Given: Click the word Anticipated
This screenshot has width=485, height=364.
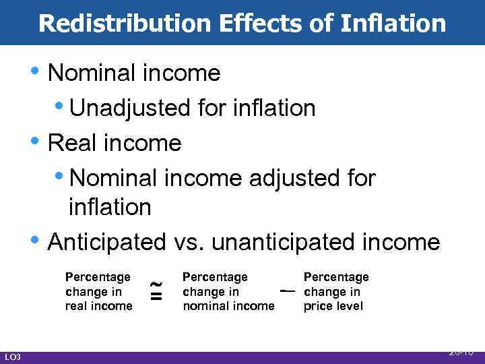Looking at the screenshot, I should (107, 241).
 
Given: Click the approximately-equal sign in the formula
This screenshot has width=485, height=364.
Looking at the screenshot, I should (155, 292).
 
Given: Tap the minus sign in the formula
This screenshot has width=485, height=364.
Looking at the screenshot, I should (288, 291).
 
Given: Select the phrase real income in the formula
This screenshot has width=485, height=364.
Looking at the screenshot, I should (98, 306).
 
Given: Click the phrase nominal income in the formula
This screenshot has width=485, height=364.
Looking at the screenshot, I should (228, 306).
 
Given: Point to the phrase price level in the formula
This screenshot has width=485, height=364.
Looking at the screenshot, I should (333, 306).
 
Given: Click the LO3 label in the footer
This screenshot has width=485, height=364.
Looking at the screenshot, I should (12, 357).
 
